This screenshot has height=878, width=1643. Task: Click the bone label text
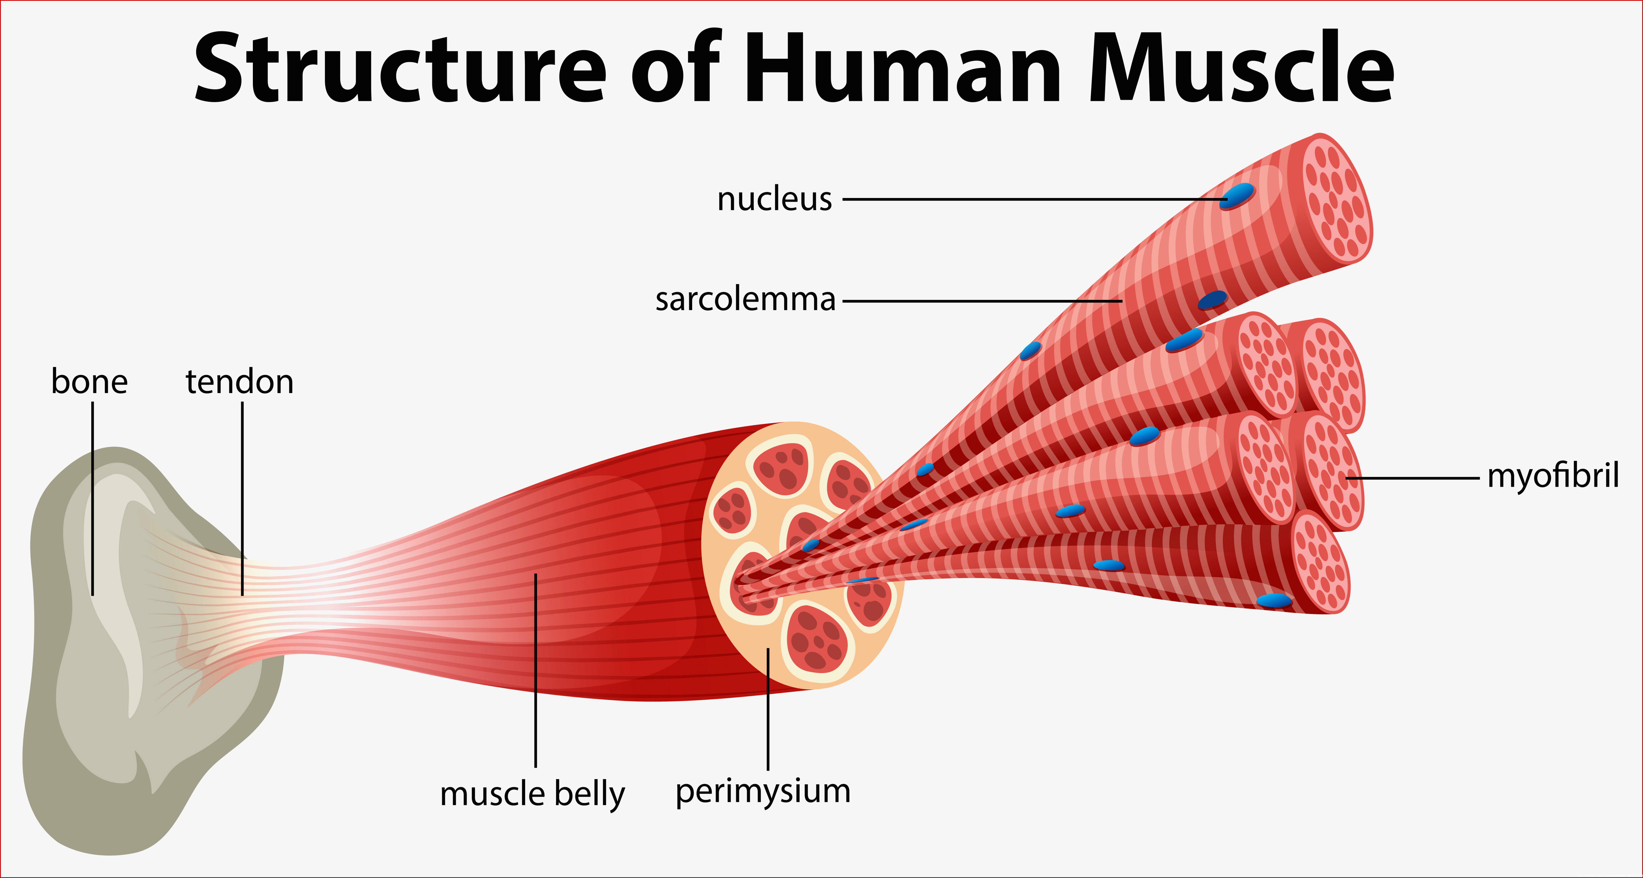pos(89,382)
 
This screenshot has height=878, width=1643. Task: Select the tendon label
pos(239,382)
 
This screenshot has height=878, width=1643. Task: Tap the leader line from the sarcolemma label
pos(982,300)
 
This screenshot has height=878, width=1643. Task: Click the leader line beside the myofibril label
pos(1413,477)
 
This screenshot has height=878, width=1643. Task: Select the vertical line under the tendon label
pos(242,499)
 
